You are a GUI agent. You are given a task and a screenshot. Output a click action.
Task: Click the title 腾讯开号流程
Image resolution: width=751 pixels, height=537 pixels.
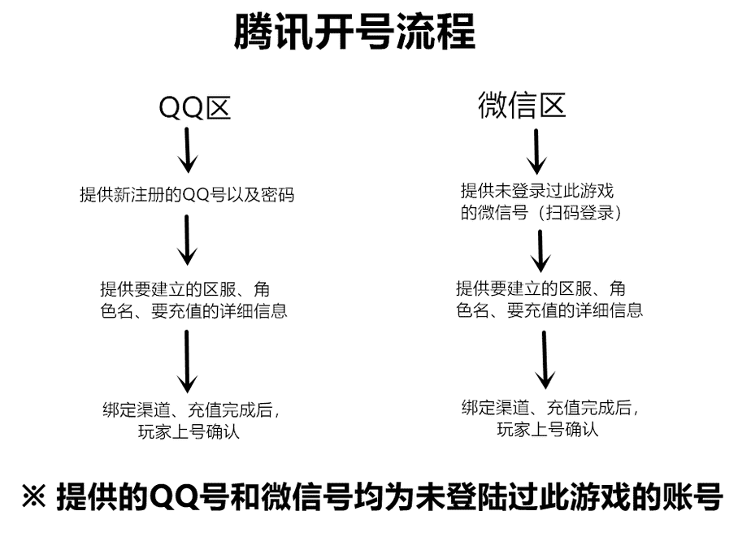(x=354, y=34)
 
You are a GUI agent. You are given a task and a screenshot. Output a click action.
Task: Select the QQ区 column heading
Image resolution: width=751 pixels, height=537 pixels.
(x=194, y=108)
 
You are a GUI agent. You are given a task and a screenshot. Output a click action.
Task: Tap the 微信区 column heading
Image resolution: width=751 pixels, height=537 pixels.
(x=522, y=106)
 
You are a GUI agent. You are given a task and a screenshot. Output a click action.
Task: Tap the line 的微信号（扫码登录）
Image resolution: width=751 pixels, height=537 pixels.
(x=541, y=214)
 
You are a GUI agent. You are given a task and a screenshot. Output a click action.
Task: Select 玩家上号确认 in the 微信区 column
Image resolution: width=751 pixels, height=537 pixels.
(x=547, y=429)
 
